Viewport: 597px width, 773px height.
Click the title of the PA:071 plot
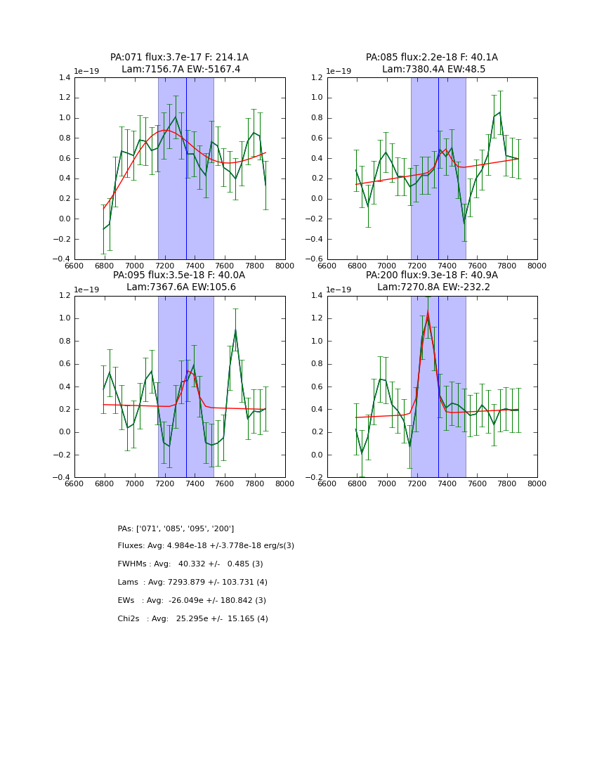pyautogui.click(x=179, y=58)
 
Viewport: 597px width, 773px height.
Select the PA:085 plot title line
pyautogui.click(x=431, y=58)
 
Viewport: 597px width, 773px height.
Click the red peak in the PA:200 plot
pyautogui.click(x=427, y=311)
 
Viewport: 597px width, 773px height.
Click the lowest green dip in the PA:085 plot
pyautogui.click(x=464, y=223)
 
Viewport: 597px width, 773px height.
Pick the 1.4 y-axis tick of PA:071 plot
pyautogui.click(x=64, y=78)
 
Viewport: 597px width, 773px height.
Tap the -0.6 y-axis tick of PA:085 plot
pyautogui.click(x=315, y=259)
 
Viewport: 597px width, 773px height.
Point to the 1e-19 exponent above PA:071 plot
pyautogui.click(x=87, y=71)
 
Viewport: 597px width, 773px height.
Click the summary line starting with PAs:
pyautogui.click(x=176, y=528)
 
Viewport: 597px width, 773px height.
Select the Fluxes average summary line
pyautogui.click(x=206, y=546)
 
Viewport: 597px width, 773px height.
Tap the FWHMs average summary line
pyautogui.click(x=190, y=564)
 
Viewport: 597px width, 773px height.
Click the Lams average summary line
pyautogui.click(x=192, y=583)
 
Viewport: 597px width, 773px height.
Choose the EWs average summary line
pyautogui.click(x=192, y=601)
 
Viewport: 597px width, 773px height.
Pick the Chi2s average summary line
pyautogui.click(x=192, y=619)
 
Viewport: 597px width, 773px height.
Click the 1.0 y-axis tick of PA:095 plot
pyautogui.click(x=64, y=318)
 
